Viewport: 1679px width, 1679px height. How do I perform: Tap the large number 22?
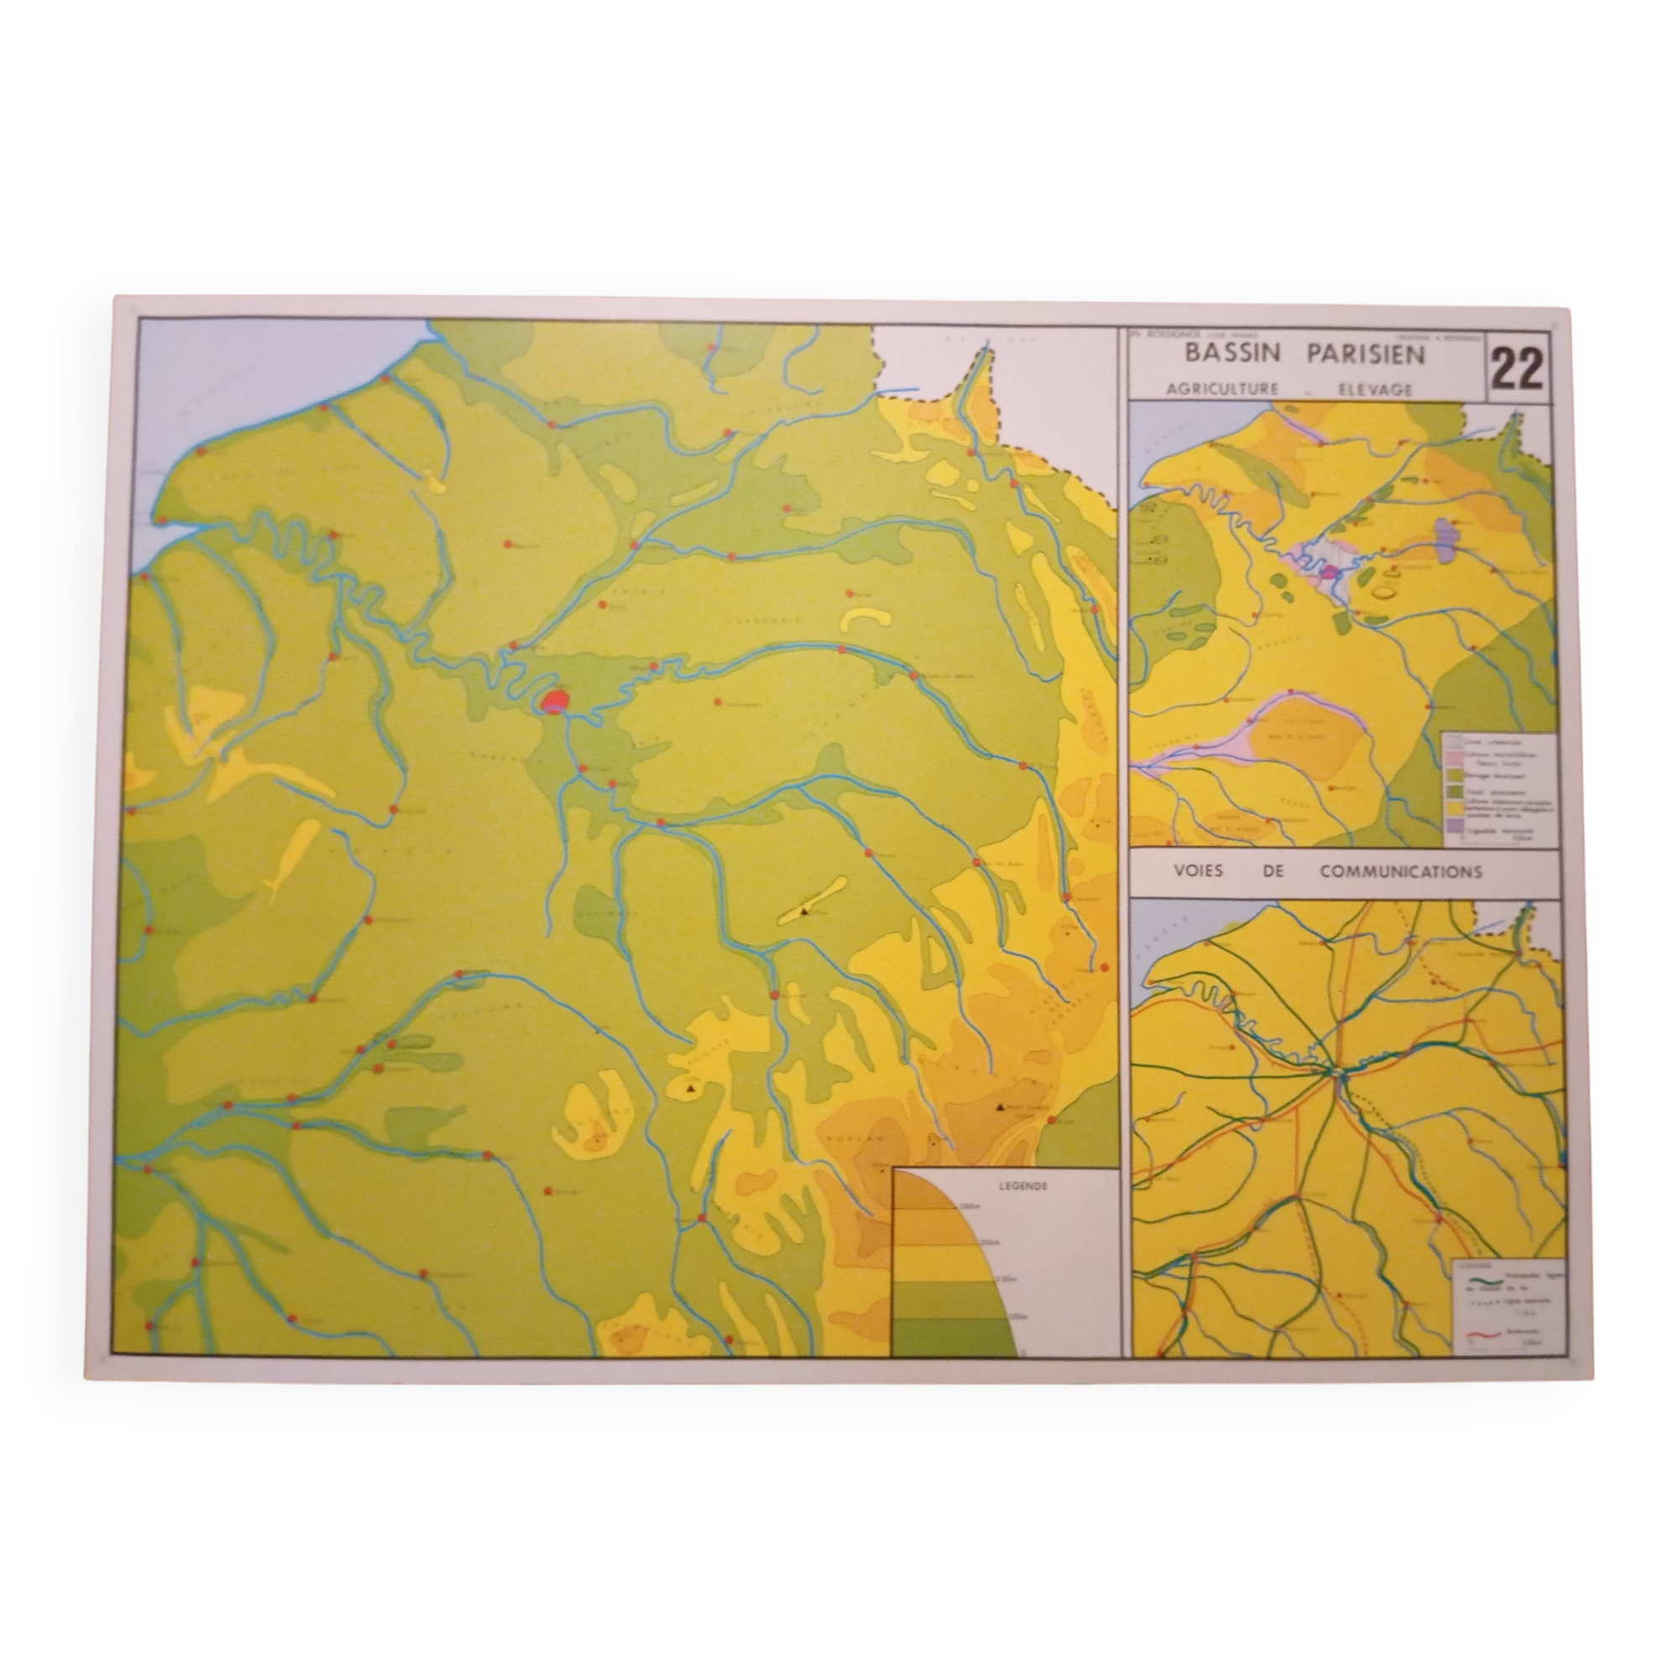(1517, 370)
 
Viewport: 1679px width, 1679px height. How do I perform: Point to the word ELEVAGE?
(1376, 390)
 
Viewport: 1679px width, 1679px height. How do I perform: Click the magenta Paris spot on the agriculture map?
(1330, 571)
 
